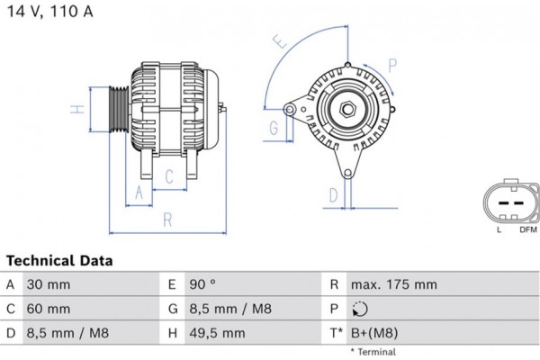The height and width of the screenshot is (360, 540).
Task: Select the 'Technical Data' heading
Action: coord(59,261)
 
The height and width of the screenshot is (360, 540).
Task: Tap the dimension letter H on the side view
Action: coord(78,110)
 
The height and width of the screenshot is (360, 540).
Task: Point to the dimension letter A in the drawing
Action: coord(138,193)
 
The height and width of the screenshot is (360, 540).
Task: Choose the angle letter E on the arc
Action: coord(281,42)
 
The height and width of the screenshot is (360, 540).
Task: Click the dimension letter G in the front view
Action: coord(273,129)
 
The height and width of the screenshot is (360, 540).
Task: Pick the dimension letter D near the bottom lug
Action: coord(332,194)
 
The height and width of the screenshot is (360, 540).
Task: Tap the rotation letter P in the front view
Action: coord(392,64)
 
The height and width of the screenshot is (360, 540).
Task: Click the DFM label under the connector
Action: coord(527,230)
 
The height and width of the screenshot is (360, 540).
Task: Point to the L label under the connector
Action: coord(499,230)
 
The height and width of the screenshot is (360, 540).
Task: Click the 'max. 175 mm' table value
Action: coord(394,284)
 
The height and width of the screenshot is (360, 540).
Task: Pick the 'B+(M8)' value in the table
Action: coord(375,333)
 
